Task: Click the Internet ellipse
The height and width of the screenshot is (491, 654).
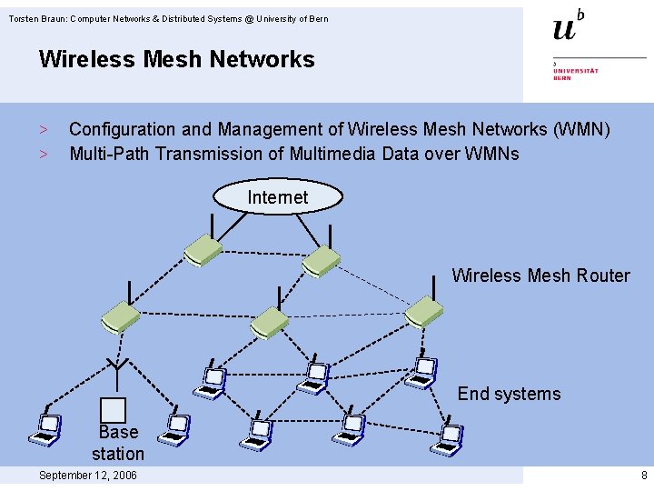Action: (x=278, y=197)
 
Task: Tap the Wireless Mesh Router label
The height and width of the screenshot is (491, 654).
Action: (x=540, y=276)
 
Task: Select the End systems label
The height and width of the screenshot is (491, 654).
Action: (x=509, y=394)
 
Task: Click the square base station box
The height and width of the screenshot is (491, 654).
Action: (x=114, y=411)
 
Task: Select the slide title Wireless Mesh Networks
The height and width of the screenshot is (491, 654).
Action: (x=176, y=60)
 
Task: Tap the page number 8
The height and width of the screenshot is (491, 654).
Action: (x=643, y=476)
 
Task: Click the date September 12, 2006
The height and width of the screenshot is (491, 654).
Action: (x=88, y=476)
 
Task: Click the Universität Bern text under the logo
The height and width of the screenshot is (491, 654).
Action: (x=576, y=74)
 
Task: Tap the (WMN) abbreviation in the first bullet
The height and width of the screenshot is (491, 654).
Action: (x=581, y=129)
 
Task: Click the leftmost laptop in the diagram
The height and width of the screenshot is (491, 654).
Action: (x=45, y=428)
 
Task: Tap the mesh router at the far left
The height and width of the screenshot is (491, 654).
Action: (x=120, y=316)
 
